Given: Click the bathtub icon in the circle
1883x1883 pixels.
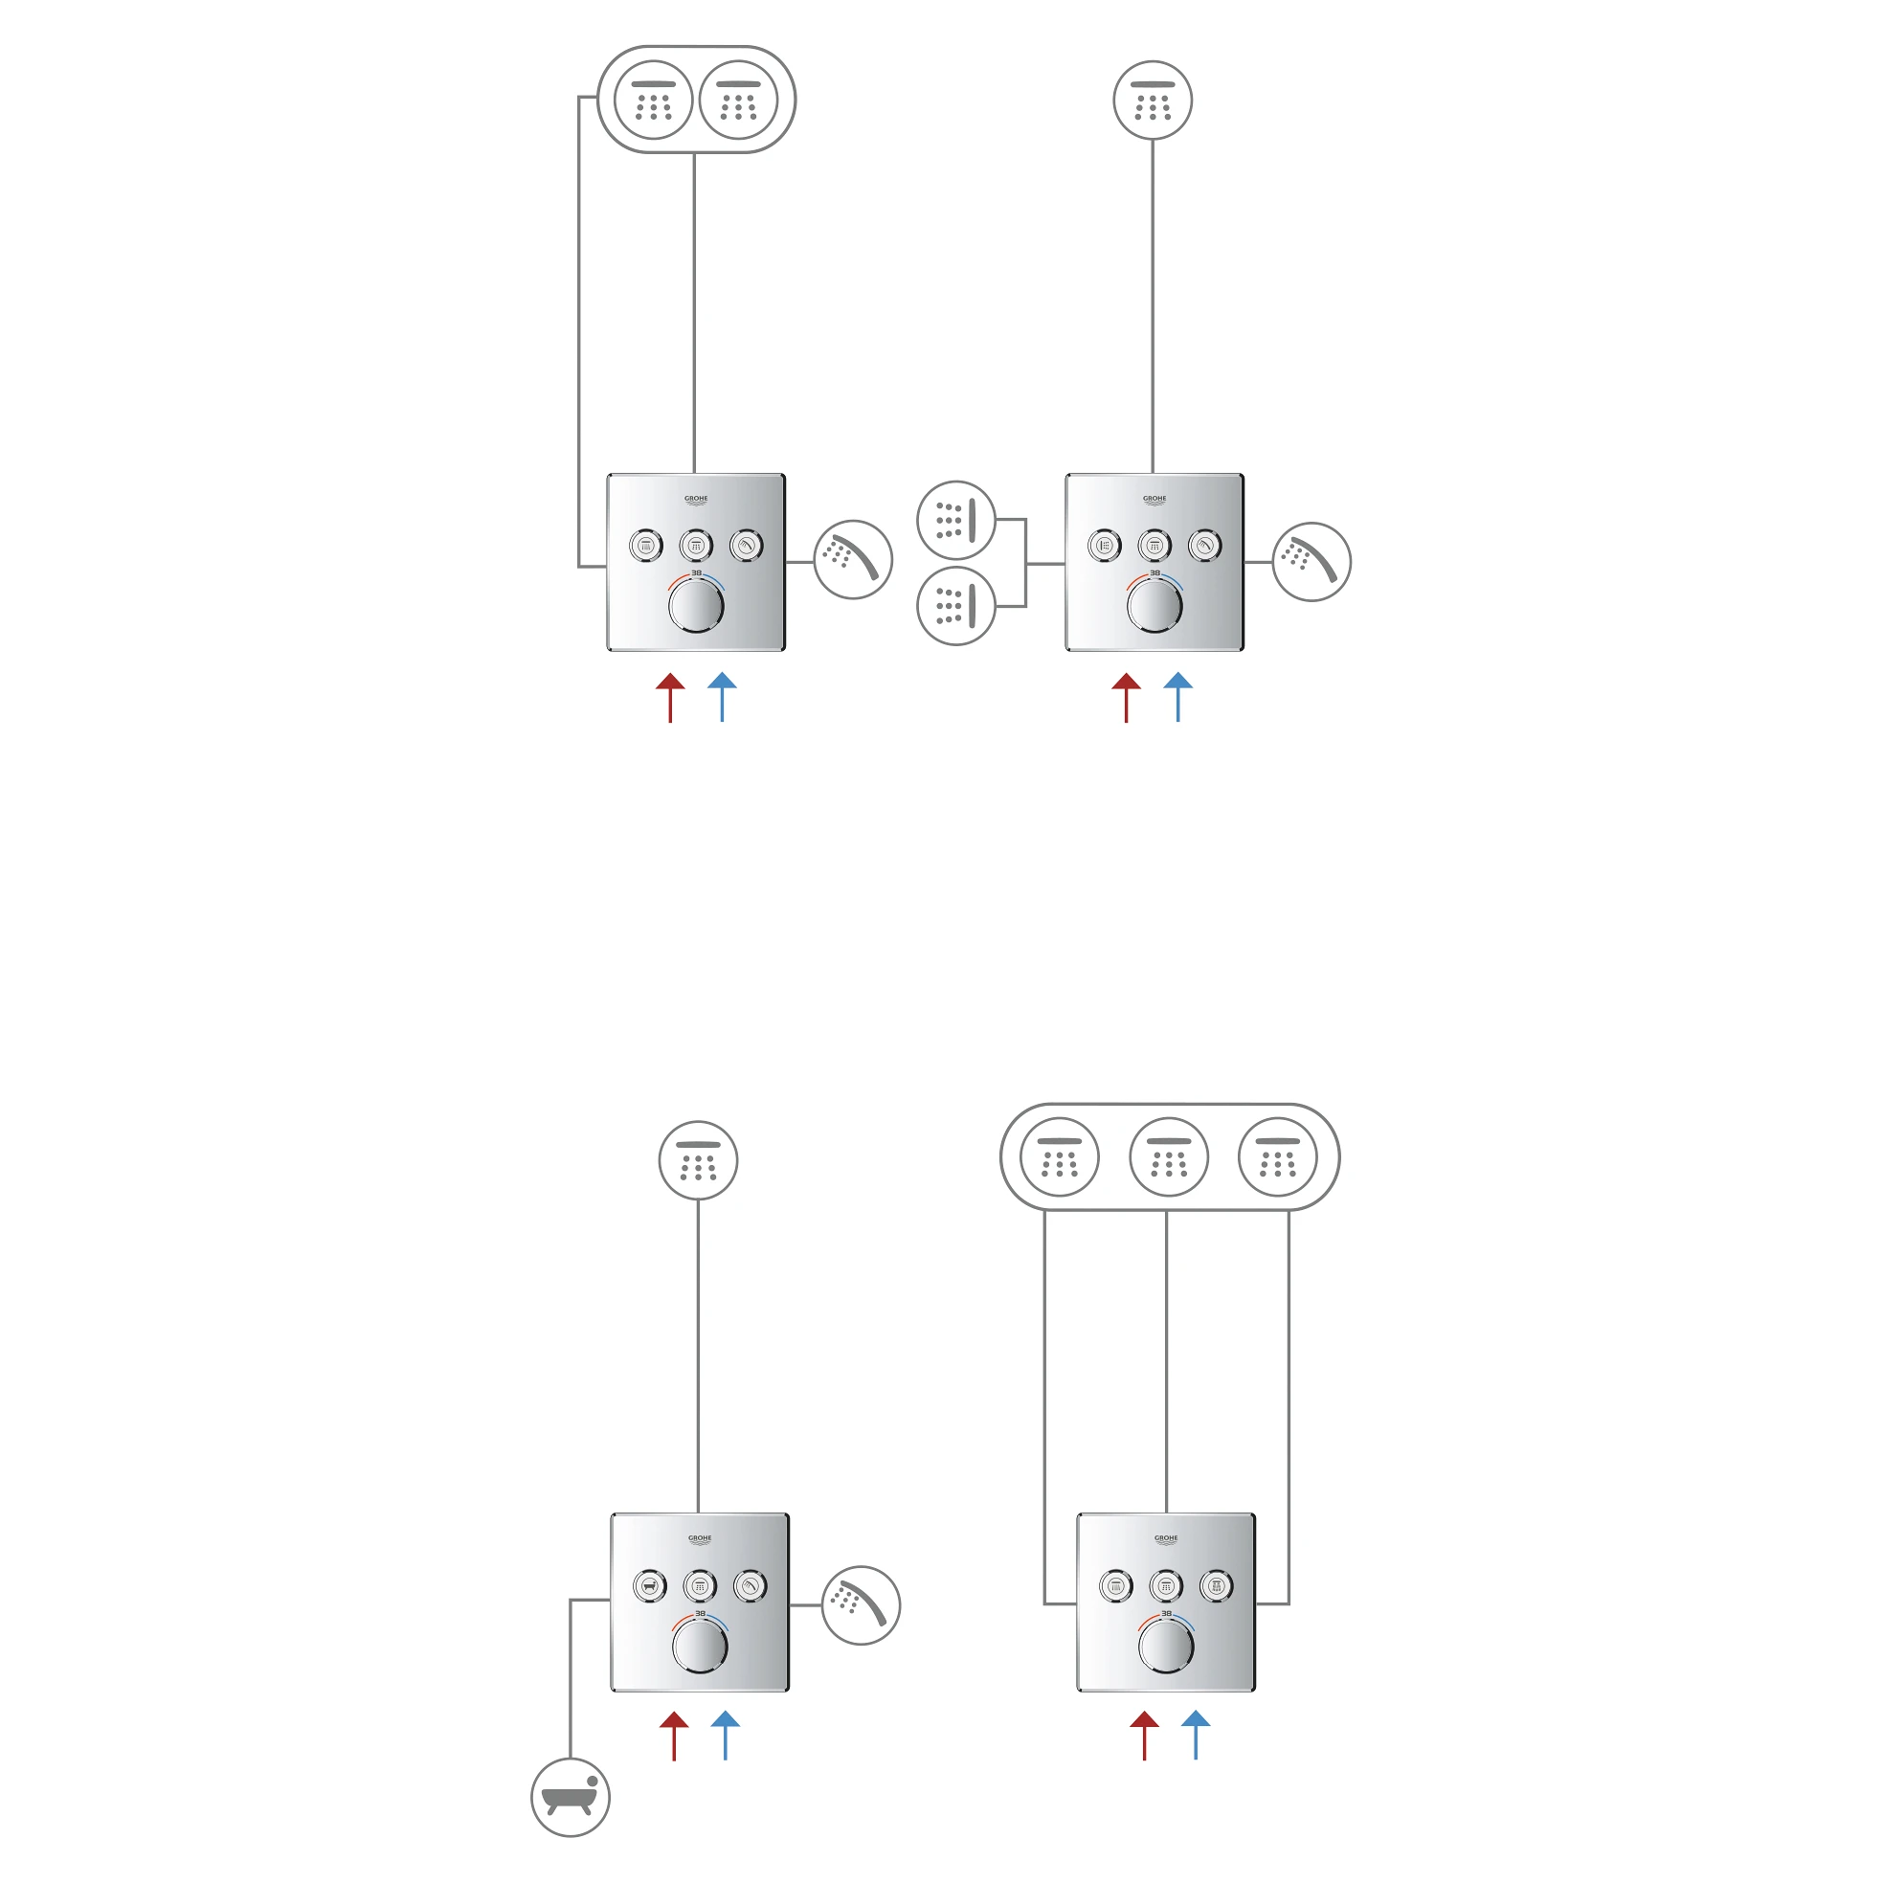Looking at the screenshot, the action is [571, 1797].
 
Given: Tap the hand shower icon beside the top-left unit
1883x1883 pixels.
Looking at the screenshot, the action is [853, 560].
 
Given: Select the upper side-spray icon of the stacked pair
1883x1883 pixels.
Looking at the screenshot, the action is [956, 521].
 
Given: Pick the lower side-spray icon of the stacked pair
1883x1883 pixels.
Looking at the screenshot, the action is [956, 605].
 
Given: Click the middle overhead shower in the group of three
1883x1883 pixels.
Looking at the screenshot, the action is [1169, 1157].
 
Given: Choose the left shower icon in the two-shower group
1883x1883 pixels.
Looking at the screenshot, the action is [653, 100].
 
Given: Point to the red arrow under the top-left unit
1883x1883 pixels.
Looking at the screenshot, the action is [670, 697].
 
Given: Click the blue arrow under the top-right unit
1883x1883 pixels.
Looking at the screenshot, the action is [1178, 697].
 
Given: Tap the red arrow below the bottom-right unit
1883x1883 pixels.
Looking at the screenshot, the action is [1144, 1736].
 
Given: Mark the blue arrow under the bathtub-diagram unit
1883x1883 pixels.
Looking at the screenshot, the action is [725, 1736].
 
